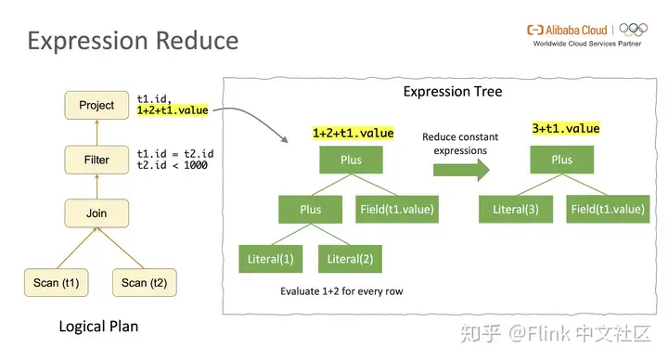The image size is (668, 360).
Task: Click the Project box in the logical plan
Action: (x=96, y=105)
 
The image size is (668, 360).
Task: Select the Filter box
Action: (x=96, y=160)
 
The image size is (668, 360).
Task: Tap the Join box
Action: (x=96, y=213)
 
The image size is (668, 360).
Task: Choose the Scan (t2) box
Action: (x=144, y=283)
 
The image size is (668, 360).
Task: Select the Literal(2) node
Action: (x=351, y=257)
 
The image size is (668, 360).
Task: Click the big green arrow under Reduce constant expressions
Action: (x=460, y=169)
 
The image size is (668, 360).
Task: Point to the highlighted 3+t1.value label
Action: (x=566, y=128)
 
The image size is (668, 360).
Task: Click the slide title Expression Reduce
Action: (x=133, y=41)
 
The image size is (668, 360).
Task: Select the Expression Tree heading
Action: (x=453, y=91)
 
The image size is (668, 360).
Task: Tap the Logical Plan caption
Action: (x=99, y=327)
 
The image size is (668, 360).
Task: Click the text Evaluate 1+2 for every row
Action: (x=340, y=290)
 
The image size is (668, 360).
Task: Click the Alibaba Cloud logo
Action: (x=567, y=29)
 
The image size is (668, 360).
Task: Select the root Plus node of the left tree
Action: (x=351, y=160)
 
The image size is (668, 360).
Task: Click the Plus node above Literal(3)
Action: (x=561, y=160)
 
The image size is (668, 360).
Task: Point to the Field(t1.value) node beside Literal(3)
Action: (x=607, y=210)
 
